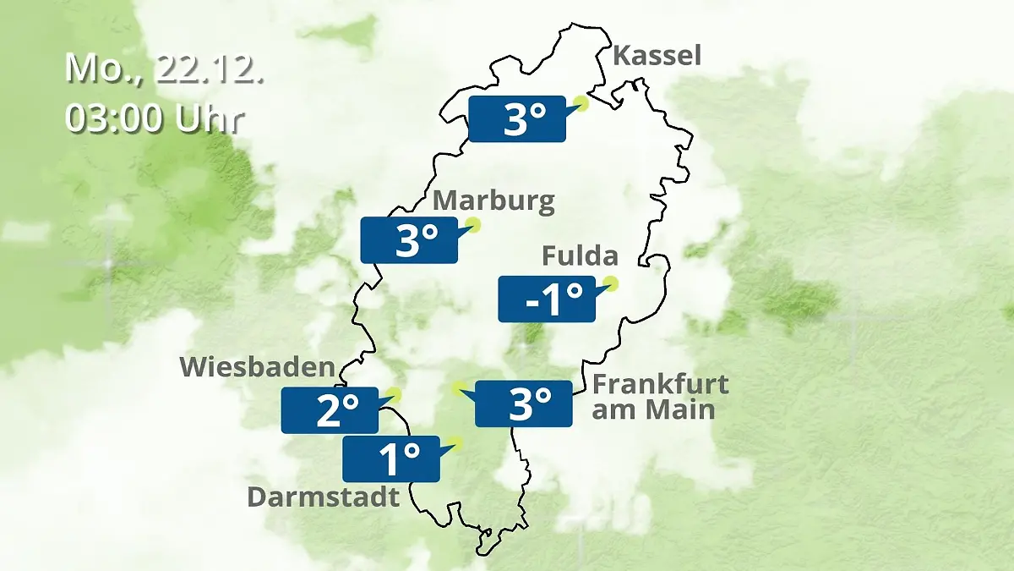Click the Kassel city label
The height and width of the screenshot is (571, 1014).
pos(657,56)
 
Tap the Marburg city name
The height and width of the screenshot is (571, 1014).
pos(493,201)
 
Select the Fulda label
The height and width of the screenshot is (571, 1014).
pos(580,255)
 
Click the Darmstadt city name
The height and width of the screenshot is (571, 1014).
pos(323,497)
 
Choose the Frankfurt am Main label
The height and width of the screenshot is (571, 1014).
pos(660,397)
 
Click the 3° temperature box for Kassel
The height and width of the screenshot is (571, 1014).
pos(516,119)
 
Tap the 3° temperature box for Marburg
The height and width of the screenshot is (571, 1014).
pos(409,240)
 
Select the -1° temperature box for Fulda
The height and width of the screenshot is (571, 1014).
pos(547,299)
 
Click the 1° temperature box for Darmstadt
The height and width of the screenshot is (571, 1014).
pos(391,458)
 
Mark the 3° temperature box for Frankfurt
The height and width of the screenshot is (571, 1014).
pos(524,404)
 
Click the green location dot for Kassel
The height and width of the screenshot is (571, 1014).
pos(581,103)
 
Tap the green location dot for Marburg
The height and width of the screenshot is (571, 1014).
pos(474,225)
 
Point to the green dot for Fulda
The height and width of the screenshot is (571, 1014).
pos(610,283)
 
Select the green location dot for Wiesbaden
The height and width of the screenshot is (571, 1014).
pos(394,393)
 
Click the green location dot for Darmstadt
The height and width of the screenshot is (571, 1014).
pos(457,442)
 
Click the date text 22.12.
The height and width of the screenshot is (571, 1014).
pos(210,68)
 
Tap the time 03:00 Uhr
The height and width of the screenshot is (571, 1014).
pos(154,118)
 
